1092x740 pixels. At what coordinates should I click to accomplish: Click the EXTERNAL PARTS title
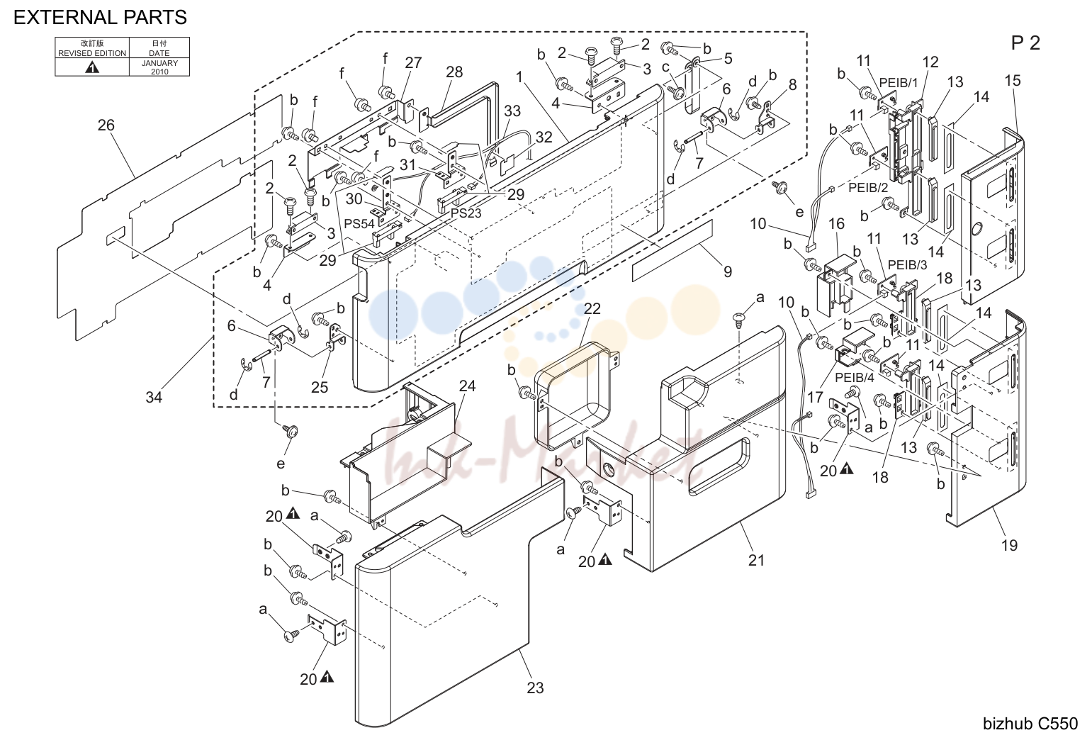(100, 18)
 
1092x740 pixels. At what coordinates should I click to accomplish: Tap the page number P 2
(1025, 43)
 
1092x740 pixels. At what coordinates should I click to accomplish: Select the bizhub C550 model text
(1030, 724)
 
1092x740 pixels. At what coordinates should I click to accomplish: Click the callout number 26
(106, 125)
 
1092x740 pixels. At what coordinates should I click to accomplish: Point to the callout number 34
(154, 398)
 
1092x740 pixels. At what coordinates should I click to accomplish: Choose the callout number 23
(535, 688)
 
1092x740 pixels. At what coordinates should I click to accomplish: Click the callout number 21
(756, 561)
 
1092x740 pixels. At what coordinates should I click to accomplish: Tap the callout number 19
(1009, 545)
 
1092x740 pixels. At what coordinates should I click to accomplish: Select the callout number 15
(1013, 80)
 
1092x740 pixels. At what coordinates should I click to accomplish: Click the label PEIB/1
(898, 83)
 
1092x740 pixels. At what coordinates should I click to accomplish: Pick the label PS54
(359, 224)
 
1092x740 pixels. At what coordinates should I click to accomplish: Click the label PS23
(466, 213)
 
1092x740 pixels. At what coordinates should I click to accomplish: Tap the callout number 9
(727, 271)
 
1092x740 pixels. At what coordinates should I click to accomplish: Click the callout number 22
(592, 308)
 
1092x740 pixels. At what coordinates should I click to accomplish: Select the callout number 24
(467, 386)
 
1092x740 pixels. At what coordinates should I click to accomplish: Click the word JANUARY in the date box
(159, 63)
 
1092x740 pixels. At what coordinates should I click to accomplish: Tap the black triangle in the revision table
(92, 67)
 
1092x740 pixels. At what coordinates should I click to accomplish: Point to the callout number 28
(454, 72)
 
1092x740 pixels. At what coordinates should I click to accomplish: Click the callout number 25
(320, 387)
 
